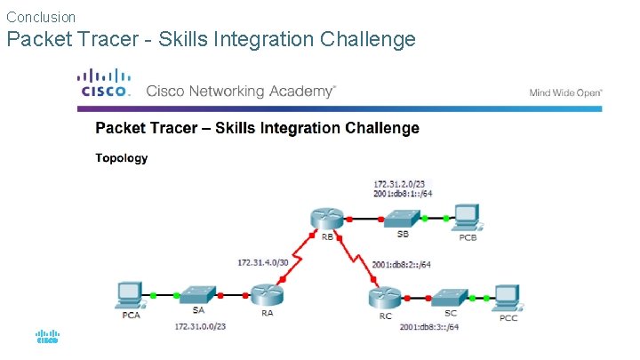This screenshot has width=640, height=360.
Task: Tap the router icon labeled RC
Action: [384, 294]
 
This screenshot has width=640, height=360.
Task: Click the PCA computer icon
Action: [131, 292]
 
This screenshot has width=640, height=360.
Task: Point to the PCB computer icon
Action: [466, 216]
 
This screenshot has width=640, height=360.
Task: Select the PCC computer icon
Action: [508, 294]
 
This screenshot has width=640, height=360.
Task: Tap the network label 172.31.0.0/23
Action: [201, 327]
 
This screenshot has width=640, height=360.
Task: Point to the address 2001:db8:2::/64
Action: [401, 264]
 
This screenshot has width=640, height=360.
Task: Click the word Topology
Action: [122, 159]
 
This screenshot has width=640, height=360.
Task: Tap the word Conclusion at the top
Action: [41, 17]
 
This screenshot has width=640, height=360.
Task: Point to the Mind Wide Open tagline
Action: [565, 92]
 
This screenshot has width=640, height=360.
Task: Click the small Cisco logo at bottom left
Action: [47, 338]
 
